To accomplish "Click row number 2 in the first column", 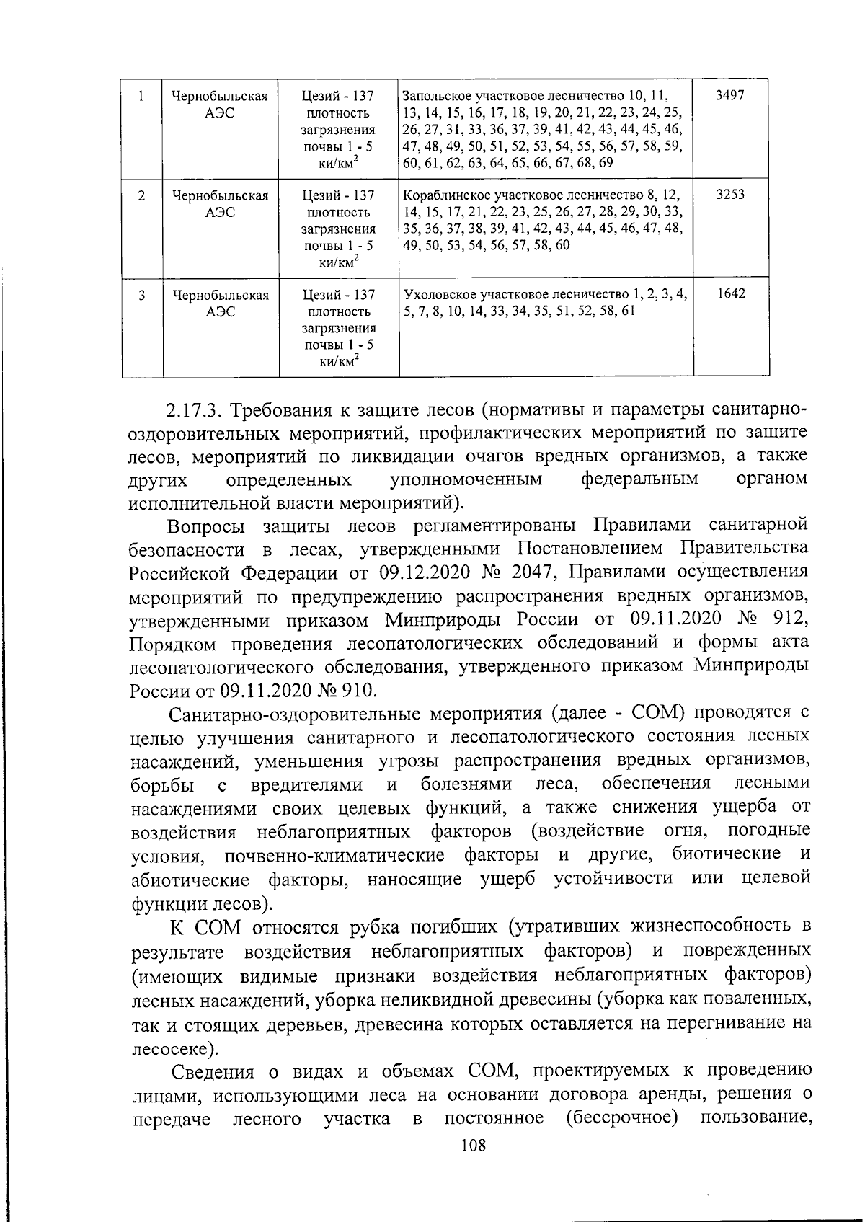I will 141,195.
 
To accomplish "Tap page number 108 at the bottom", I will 473,1145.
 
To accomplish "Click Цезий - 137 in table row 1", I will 338,96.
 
